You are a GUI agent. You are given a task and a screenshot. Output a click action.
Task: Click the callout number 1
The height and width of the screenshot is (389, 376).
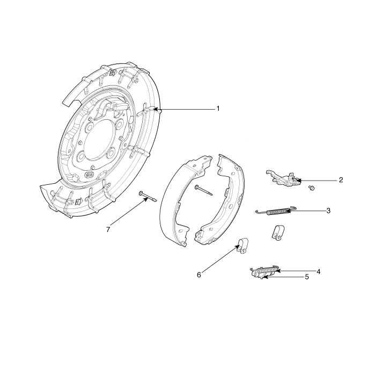coord(218,109)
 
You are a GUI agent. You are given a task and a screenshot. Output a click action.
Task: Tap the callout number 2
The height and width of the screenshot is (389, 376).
coord(341,180)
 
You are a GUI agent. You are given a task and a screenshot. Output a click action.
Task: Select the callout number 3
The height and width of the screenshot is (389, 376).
coord(328,211)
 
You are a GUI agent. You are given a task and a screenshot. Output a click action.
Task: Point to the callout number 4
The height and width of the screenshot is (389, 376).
coord(319,272)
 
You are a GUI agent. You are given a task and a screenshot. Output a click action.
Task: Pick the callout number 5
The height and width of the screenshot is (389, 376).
coord(307,277)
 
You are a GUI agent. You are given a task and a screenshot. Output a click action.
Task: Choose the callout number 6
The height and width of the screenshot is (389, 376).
coord(199,275)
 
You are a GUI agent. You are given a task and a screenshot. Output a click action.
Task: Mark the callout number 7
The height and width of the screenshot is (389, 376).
coord(108,230)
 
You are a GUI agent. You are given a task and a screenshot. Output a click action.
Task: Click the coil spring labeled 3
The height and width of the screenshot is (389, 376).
coord(276,211)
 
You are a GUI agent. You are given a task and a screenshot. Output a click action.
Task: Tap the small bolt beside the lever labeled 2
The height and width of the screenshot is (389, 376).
coord(312,188)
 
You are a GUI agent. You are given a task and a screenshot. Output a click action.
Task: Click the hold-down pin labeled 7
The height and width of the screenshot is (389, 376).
coord(148,196)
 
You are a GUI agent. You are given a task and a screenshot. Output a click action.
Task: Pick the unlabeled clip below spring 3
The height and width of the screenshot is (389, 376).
coord(278,233)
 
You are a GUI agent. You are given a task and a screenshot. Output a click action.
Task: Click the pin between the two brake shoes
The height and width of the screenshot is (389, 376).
coord(204,190)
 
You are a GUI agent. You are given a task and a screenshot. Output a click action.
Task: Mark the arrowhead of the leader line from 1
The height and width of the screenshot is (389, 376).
coord(154,109)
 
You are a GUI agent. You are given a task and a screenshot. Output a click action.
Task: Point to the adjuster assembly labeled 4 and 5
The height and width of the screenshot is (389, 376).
coord(264,272)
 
